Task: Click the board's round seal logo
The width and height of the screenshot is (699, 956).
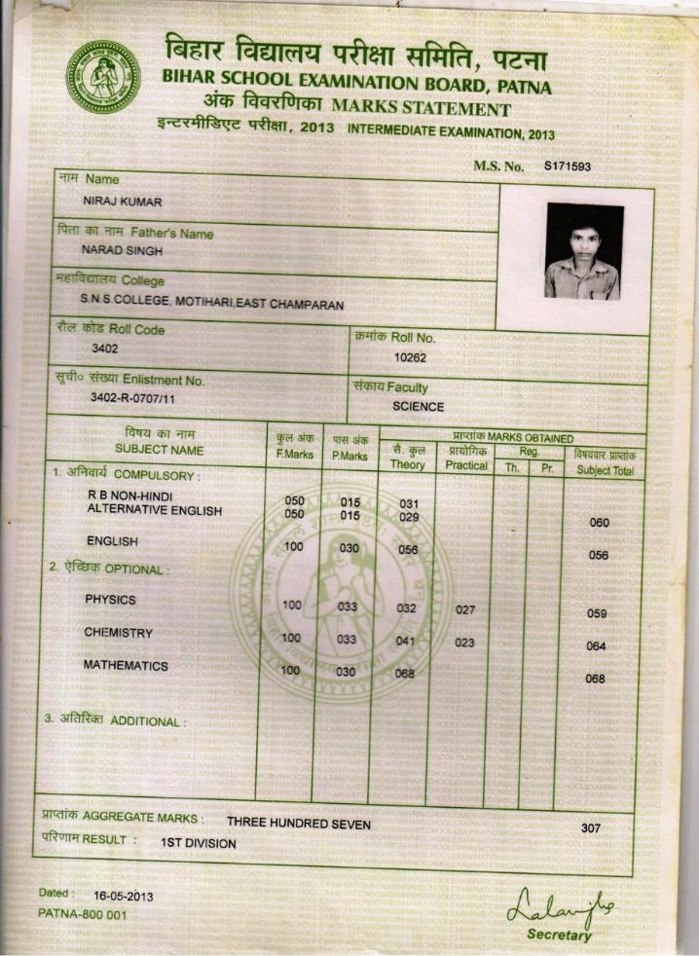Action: tap(102, 76)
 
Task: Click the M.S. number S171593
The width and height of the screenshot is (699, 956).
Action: tap(568, 166)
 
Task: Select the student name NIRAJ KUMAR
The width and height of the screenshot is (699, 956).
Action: tap(123, 202)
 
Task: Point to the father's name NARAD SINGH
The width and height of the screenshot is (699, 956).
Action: tap(122, 250)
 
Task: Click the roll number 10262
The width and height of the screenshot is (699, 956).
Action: tap(410, 357)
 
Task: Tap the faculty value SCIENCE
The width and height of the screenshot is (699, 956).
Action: tap(418, 407)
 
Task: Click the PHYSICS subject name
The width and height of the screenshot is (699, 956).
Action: tap(110, 600)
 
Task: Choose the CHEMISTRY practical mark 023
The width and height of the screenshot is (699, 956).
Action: tap(465, 643)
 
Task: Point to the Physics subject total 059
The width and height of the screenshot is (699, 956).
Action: tap(597, 614)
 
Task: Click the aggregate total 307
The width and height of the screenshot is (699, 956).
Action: tap(590, 828)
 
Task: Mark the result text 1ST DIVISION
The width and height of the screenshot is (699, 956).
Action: tap(199, 843)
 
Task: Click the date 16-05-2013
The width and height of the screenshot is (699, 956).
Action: tap(123, 896)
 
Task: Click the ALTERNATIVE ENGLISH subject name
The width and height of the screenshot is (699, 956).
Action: tap(155, 510)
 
